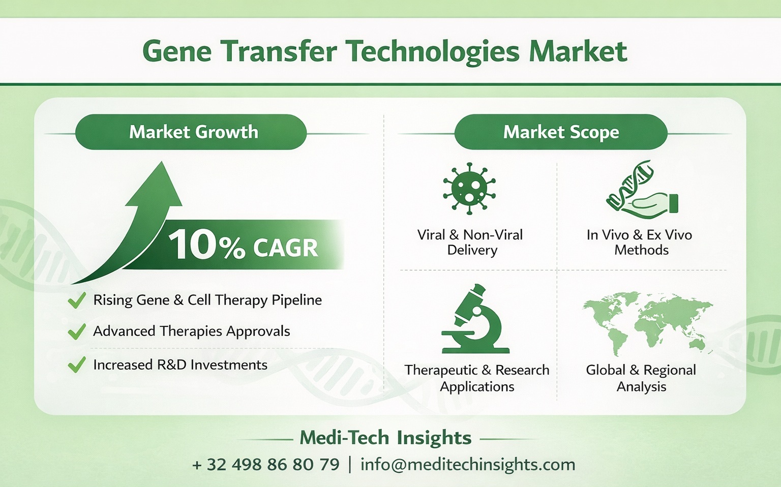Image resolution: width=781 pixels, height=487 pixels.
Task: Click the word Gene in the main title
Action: (x=176, y=51)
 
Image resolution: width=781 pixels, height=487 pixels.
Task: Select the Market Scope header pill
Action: (x=560, y=132)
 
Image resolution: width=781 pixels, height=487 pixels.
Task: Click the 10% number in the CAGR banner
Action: (x=205, y=245)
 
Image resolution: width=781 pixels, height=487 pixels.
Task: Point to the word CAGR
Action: (x=285, y=248)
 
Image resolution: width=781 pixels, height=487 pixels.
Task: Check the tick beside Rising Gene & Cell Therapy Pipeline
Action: (x=76, y=300)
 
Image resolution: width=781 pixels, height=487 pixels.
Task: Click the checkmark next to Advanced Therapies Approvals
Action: (x=76, y=332)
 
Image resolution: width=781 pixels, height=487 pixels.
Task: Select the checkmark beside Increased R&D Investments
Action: (x=76, y=364)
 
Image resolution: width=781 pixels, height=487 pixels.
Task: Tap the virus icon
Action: (x=469, y=189)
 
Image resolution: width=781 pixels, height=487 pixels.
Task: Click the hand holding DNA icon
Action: (x=642, y=190)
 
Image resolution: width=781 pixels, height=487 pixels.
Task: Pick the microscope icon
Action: (x=474, y=320)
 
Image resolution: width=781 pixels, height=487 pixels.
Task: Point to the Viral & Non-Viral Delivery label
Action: (x=470, y=242)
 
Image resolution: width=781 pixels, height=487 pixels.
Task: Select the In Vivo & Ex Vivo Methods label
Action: (x=640, y=242)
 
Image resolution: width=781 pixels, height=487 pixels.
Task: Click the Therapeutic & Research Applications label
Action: (x=477, y=378)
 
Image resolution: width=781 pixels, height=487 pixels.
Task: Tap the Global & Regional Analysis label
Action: (x=641, y=378)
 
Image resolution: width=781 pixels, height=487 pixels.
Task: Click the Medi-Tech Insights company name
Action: (x=385, y=438)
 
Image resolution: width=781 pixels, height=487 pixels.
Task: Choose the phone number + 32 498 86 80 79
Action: (x=265, y=465)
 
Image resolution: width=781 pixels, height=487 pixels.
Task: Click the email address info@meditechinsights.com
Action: (x=467, y=465)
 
